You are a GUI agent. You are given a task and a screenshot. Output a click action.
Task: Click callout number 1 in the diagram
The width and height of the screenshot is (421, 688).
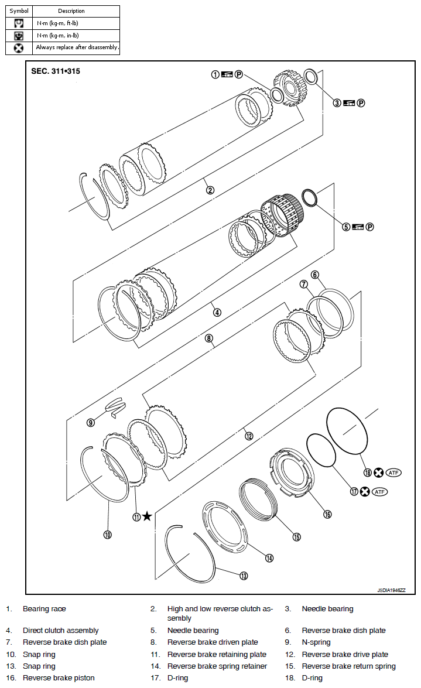coord(215,74)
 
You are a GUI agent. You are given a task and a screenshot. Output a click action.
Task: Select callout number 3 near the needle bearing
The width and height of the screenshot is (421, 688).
coord(337,103)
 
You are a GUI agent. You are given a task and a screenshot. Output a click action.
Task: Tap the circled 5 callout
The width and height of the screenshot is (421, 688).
coord(346,227)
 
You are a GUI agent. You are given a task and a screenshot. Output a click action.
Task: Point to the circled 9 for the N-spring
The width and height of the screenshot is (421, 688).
coord(91,422)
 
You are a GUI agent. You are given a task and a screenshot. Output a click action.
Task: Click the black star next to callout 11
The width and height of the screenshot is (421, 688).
coord(147,516)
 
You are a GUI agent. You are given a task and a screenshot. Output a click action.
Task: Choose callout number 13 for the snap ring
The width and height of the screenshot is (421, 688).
coord(244,576)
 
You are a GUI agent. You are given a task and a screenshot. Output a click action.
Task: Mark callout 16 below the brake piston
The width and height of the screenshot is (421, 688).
coord(327,514)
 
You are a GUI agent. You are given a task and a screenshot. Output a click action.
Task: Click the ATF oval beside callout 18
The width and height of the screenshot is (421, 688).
coord(394,473)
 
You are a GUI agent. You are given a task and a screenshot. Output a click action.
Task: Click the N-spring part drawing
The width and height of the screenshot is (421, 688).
coord(117,406)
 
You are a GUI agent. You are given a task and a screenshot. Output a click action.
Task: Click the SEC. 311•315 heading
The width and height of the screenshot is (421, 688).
coord(56,71)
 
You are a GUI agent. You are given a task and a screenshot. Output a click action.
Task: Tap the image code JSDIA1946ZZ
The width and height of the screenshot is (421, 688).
coord(391,591)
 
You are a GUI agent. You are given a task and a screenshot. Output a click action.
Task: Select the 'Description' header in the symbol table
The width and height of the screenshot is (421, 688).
coord(71,11)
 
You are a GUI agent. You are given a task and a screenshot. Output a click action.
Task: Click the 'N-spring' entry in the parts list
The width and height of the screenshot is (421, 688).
coord(316,642)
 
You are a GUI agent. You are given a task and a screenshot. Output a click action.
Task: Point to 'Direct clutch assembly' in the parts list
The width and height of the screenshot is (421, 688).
coord(61,631)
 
